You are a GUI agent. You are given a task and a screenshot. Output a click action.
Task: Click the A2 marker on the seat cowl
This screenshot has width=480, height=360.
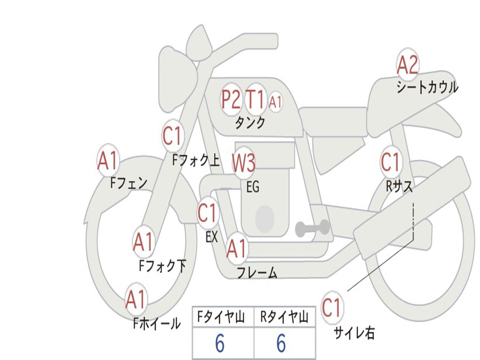pos(407,65)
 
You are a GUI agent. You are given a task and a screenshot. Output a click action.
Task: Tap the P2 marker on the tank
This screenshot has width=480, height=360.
pos(231,99)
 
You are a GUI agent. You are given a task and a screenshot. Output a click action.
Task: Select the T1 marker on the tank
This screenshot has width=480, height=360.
pos(255,99)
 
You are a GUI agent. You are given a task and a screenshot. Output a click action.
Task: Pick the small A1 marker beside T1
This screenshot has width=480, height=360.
pos(276,101)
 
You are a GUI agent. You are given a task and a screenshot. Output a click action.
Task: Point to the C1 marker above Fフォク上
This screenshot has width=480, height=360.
pos(172,136)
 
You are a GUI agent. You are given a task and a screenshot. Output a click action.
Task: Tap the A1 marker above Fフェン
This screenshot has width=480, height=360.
pos(108,161)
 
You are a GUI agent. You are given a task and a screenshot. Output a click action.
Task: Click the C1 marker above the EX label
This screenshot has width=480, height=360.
pos(207,213)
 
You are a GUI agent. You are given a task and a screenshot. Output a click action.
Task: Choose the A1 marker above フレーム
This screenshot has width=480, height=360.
pos(237,249)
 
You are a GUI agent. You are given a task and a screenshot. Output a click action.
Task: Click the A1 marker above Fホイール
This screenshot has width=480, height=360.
pos(136,300)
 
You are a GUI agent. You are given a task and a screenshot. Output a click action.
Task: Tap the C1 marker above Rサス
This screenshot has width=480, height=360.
pos(390,162)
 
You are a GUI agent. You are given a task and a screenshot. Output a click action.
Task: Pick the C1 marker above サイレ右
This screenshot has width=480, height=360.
pos(332,308)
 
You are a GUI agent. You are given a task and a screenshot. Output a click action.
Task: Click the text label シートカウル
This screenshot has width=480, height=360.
pos(427,88)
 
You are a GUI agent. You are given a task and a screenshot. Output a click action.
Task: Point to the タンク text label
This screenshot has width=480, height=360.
pos(250,123)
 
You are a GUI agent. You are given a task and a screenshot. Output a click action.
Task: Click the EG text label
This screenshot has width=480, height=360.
pos(253,187)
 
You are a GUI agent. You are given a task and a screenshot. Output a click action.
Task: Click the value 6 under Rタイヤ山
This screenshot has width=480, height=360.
pos(281,344)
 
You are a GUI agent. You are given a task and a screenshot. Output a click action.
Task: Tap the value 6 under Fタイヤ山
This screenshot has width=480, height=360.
pos(220,344)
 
